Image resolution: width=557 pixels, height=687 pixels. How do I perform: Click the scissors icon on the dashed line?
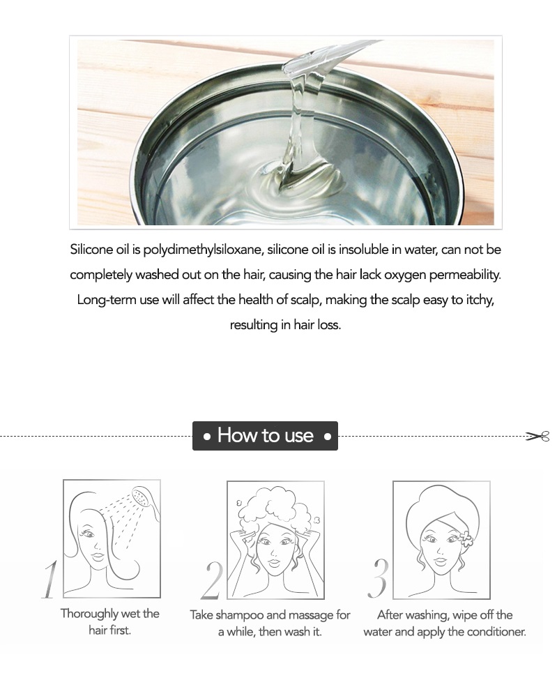tap(537, 436)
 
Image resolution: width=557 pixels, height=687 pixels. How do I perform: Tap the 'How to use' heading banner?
tap(265, 435)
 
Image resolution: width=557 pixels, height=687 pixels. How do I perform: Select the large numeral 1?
tap(50, 579)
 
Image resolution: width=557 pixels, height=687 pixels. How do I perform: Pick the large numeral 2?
tap(212, 580)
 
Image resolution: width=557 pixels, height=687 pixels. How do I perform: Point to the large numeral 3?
tap(378, 578)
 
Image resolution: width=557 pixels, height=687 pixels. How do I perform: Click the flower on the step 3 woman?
tap(466, 538)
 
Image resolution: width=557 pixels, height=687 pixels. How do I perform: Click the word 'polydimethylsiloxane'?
tap(203, 250)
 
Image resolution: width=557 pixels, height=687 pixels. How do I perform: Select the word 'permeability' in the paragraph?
tap(464, 275)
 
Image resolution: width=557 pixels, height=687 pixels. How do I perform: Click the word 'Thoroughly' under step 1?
tap(89, 613)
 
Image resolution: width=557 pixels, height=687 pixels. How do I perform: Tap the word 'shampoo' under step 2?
tap(238, 615)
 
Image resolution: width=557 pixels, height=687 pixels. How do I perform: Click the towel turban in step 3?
tap(441, 509)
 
